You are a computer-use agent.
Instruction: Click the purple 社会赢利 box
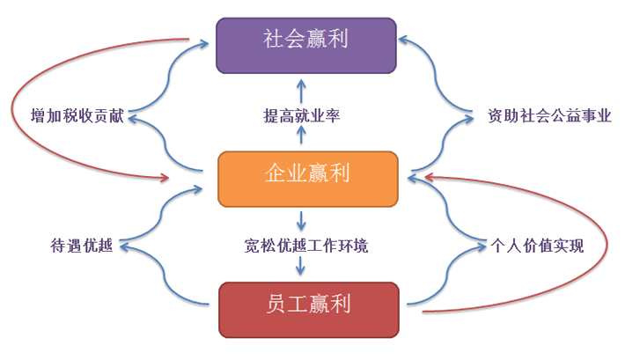pos(306,43)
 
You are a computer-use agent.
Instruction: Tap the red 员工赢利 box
pos(306,305)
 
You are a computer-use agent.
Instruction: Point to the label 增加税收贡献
pos(77,115)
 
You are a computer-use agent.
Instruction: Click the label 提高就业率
pos(302,115)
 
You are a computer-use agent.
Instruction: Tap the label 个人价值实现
pos(537,246)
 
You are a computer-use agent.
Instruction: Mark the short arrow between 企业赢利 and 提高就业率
pos(302,136)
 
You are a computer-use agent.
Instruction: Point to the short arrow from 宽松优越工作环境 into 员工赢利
pos(302,268)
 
